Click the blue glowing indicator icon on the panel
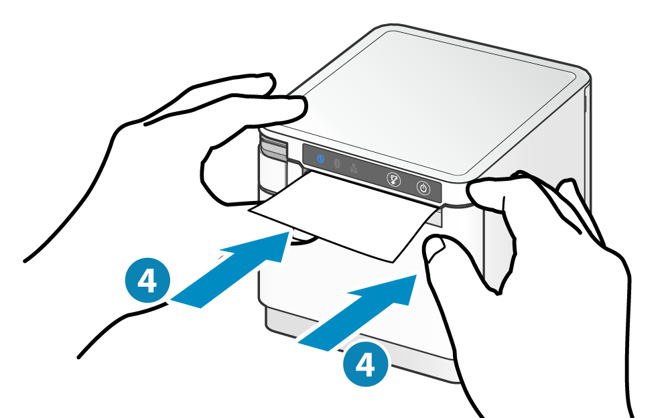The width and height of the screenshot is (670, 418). (x=320, y=159)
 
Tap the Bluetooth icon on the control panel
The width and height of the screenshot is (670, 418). (x=337, y=163)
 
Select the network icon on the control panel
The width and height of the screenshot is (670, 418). (x=354, y=168)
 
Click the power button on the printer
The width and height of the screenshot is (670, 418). (x=423, y=188)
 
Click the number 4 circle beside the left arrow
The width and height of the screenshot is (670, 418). (x=147, y=281)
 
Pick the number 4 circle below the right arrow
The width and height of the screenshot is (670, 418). (x=366, y=364)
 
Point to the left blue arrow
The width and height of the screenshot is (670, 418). (x=230, y=270)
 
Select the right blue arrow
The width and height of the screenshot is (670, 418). (x=357, y=313)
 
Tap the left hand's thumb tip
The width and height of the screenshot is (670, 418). (x=208, y=171)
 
